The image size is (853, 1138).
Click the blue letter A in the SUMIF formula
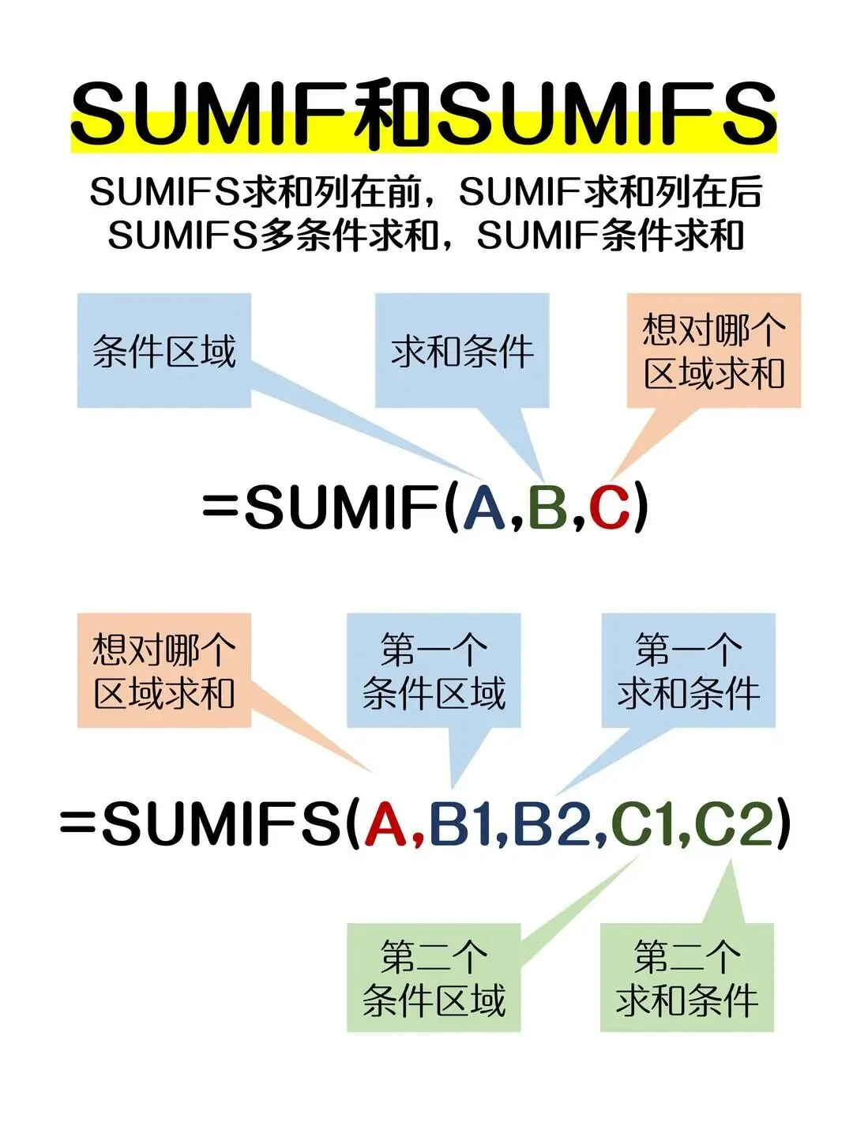coord(484,507)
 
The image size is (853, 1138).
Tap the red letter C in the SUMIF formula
coord(609,507)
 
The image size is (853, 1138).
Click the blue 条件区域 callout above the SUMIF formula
coord(164,351)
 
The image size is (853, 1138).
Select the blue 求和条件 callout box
coord(462,351)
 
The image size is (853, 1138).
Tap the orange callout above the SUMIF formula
coord(714,351)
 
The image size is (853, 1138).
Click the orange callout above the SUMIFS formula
coord(164,670)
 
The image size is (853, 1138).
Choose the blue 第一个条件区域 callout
coord(434,670)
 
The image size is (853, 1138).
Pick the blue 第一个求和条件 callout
coord(688,670)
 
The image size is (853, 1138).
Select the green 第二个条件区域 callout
coord(434,978)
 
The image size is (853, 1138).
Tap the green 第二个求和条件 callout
coord(687,978)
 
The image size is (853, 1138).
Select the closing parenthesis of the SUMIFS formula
coord(782,823)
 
